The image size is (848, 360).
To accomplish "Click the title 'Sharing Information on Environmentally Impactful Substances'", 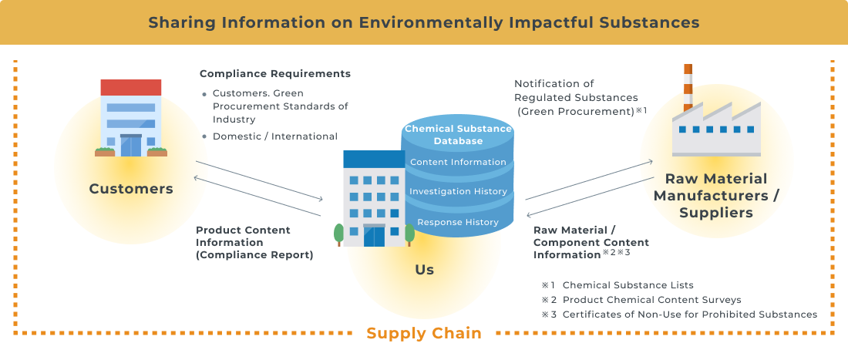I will (423, 22).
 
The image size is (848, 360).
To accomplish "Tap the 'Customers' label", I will (131, 189).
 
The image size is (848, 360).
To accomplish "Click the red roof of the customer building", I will (131, 86).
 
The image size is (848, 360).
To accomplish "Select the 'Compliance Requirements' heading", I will (275, 74).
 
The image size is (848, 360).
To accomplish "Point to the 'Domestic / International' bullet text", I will (275, 136).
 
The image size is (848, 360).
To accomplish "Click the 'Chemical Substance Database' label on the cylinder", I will (458, 135).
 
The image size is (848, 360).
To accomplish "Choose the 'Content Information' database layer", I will (458, 162).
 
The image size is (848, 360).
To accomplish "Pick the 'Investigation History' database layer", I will (458, 191).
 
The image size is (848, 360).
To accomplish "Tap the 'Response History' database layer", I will (458, 222).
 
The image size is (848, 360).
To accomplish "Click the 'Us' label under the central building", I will (424, 270).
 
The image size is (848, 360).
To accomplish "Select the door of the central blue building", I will (374, 235).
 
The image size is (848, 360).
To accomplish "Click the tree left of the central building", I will (338, 234).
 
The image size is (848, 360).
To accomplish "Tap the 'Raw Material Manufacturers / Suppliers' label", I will (716, 196).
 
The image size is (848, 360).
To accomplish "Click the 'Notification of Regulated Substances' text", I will (577, 97).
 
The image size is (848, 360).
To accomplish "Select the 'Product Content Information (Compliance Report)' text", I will (254, 242).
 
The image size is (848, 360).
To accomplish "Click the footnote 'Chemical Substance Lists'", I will (628, 285).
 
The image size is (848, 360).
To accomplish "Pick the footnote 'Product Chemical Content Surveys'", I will (651, 300).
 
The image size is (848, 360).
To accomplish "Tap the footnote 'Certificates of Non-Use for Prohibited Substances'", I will (689, 315).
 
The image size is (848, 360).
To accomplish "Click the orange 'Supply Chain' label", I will (423, 333).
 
